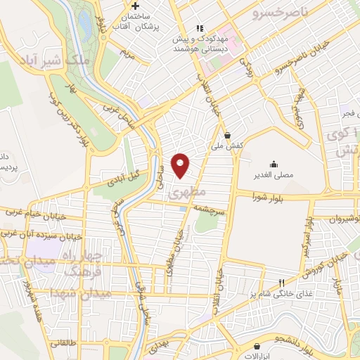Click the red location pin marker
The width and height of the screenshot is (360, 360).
181,165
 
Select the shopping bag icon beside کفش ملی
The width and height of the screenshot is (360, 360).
226,136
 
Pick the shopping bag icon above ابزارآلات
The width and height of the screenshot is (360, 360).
257,346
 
